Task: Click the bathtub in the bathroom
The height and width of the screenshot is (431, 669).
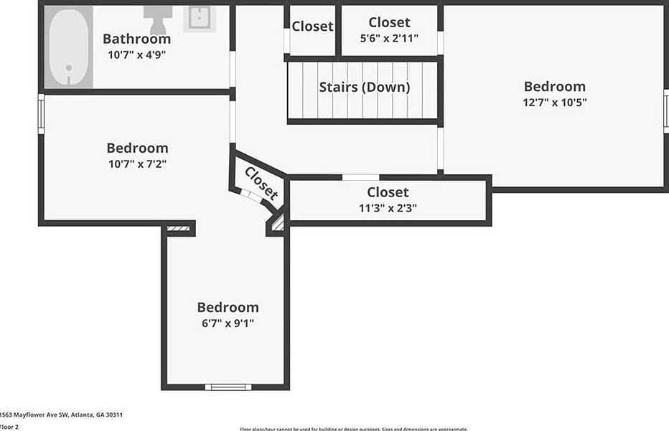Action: coord(70,47)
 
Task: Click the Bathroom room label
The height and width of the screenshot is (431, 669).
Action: coord(136,39)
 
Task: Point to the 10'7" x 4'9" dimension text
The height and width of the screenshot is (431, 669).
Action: coord(136,55)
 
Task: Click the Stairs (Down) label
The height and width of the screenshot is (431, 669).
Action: coord(364,87)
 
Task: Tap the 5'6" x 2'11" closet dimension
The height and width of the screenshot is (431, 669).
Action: coord(389,38)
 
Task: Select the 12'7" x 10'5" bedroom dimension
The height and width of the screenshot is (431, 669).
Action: coord(554,103)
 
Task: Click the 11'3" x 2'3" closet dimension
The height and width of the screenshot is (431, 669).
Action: coord(388,208)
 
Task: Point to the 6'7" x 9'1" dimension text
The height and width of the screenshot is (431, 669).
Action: coord(228,323)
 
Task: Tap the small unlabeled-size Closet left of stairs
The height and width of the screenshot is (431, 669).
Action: coord(312,27)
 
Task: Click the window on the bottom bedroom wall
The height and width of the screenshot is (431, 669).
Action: coord(228,387)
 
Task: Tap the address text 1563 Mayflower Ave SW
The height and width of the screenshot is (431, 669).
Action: coord(60,415)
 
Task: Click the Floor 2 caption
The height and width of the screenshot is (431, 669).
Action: coord(9,427)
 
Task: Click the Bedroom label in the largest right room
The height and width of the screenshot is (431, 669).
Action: coord(554,87)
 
